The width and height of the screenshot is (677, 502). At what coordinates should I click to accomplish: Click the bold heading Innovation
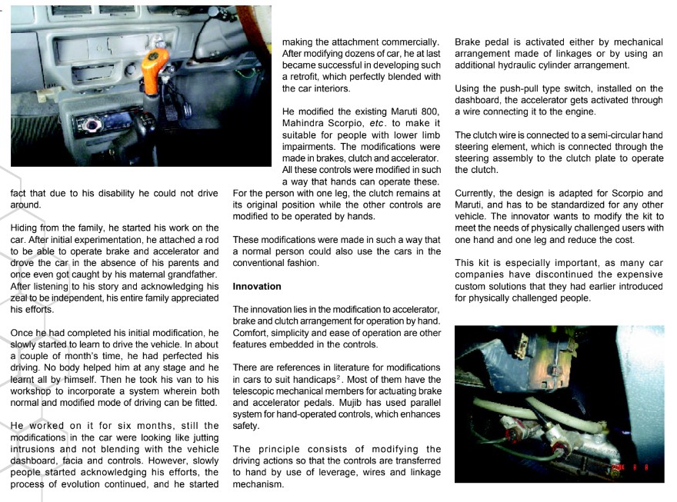point(258,286)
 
